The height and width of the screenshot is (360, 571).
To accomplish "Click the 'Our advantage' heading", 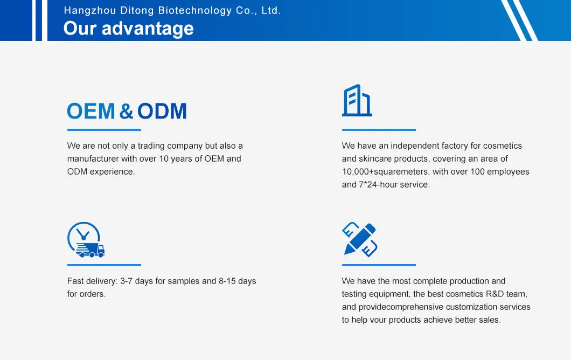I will click(x=128, y=28).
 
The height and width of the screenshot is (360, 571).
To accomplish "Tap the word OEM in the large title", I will click(x=91, y=112).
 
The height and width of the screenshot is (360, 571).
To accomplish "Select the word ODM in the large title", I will click(x=162, y=112).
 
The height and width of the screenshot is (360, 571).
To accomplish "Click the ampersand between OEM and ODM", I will click(x=126, y=112).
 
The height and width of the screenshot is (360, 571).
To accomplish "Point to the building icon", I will click(x=357, y=100).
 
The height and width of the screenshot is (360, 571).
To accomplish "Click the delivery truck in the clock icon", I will click(x=90, y=250).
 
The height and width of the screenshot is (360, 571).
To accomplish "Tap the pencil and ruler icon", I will click(x=359, y=239).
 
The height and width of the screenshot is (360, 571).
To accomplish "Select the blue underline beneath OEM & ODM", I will click(x=104, y=130).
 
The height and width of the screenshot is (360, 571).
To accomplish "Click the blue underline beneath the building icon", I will click(x=379, y=130).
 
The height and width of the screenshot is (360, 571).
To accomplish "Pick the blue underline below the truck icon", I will click(x=104, y=265).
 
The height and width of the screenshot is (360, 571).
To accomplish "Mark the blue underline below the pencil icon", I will click(x=379, y=265).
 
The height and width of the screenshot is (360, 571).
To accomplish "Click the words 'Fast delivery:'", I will click(x=92, y=281).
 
